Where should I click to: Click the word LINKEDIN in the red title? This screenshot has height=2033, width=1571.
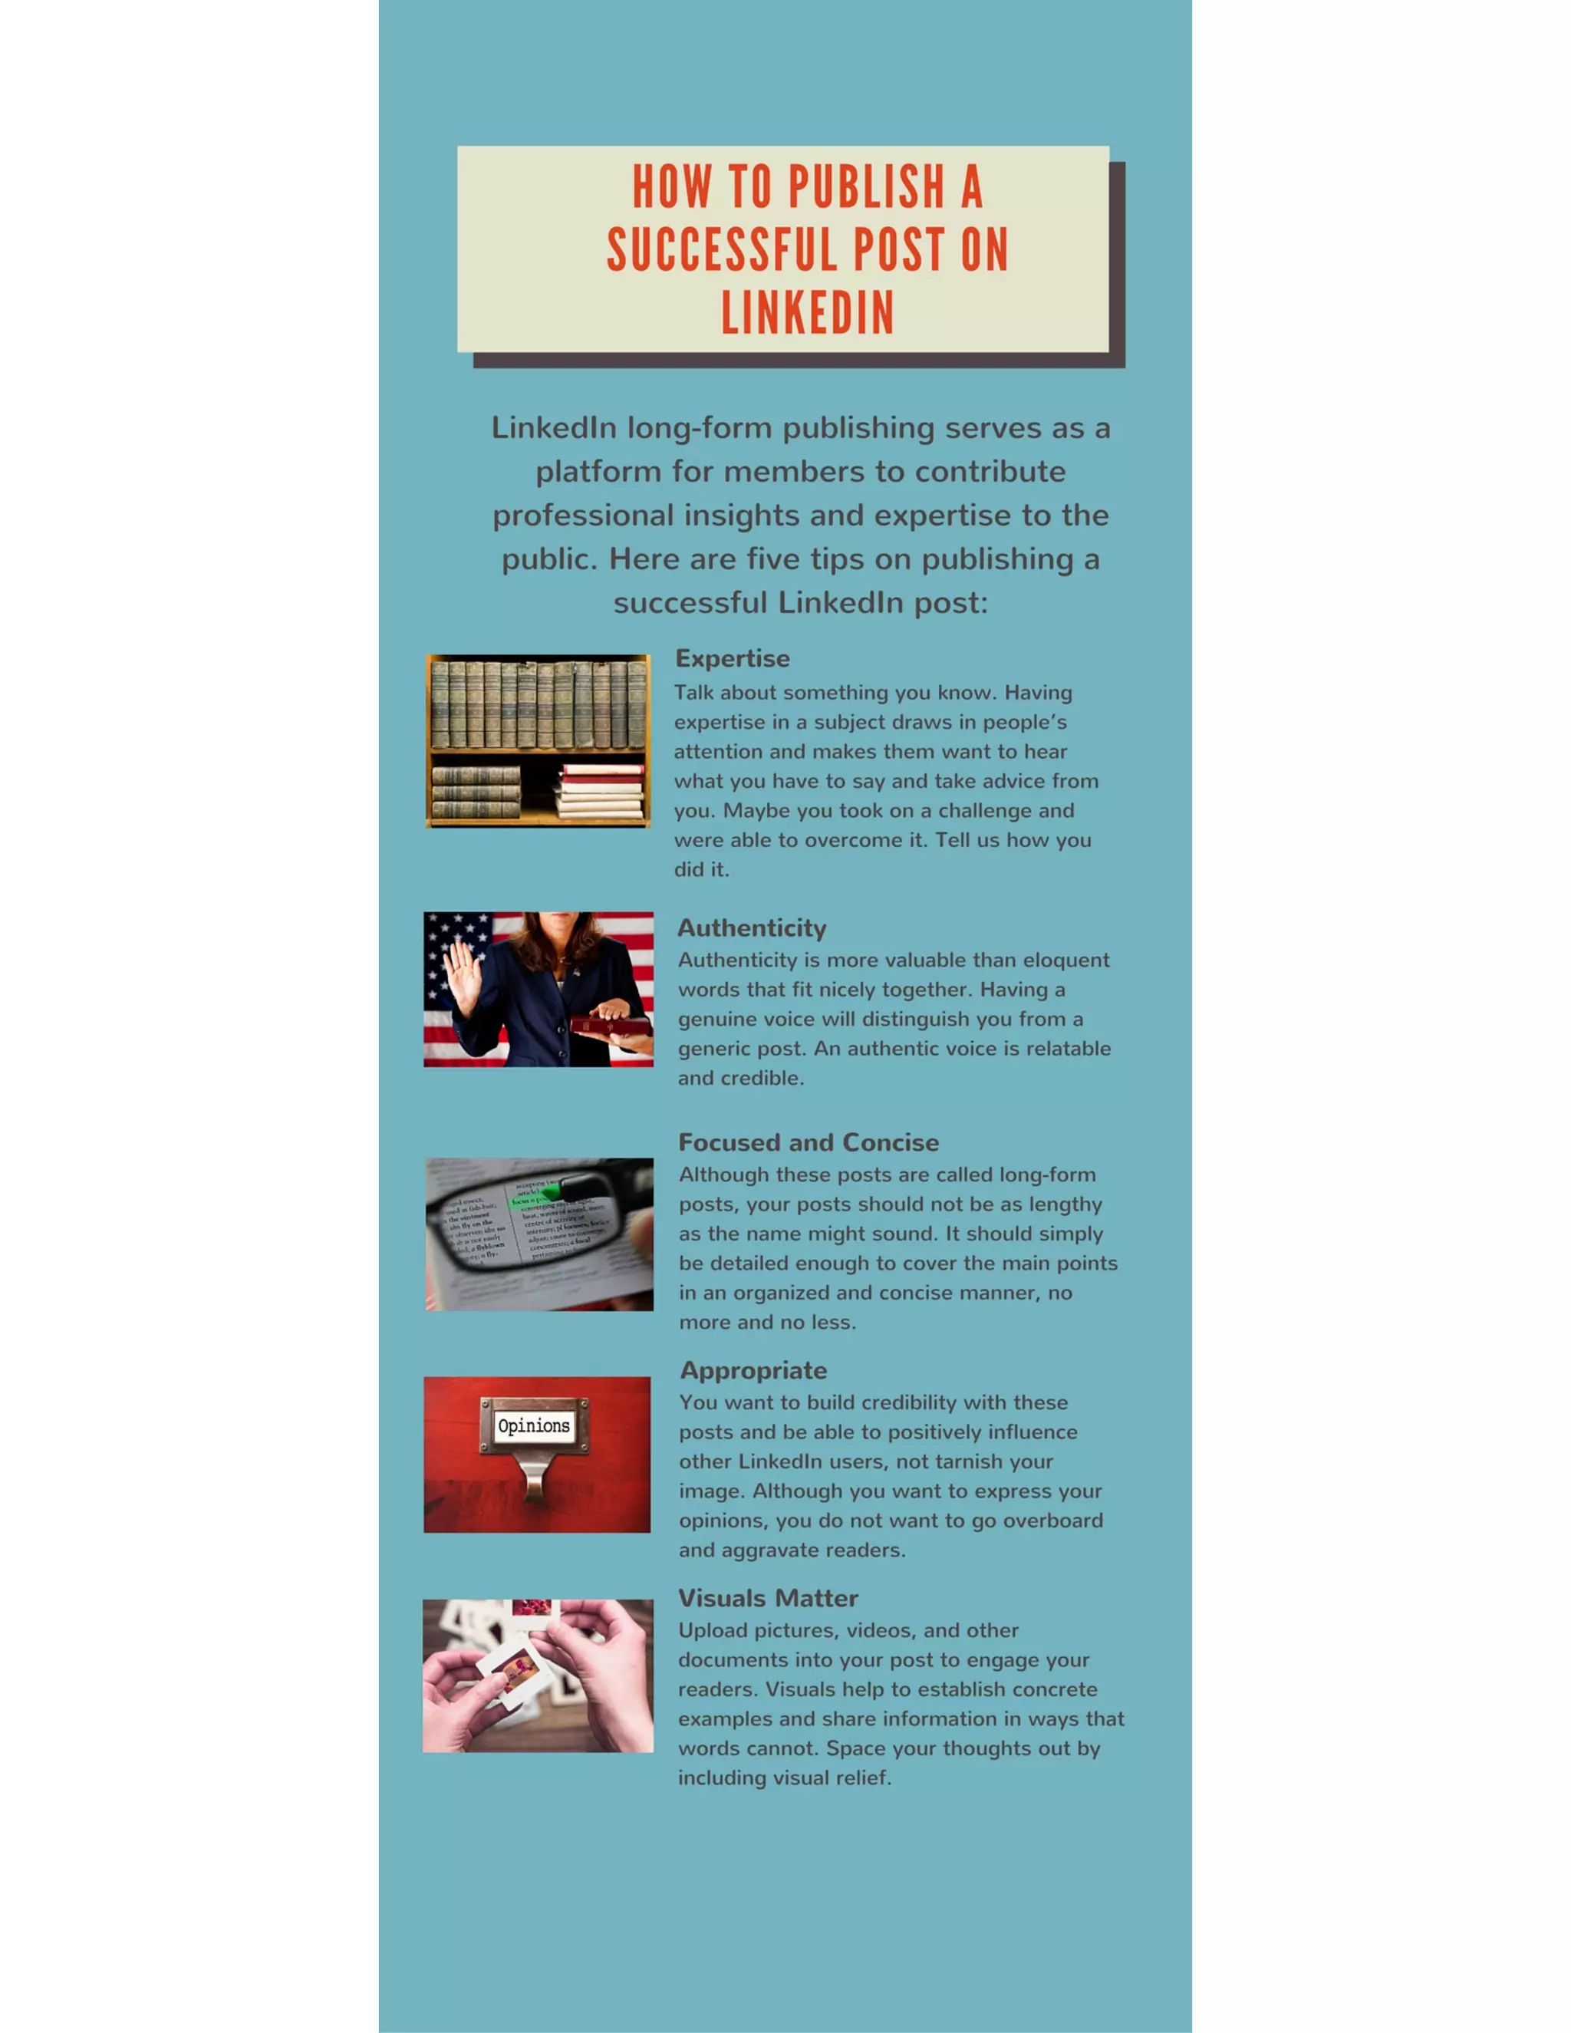807,313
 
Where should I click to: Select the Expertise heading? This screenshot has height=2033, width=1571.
733,658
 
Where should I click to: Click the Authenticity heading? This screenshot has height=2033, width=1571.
751,928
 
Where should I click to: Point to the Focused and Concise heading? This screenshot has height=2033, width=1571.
808,1142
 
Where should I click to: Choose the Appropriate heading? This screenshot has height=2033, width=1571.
753,1370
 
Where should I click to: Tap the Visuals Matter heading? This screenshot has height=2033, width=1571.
768,1598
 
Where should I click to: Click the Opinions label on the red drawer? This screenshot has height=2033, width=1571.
533,1426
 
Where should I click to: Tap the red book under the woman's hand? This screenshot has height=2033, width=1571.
610,1026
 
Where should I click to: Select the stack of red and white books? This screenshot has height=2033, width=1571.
601,791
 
